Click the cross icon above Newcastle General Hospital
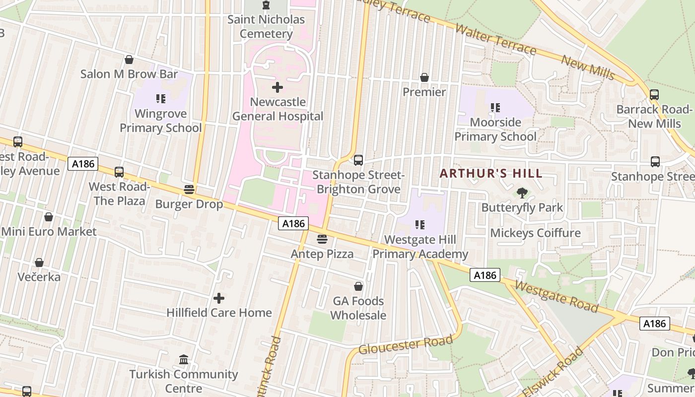(x=278, y=88)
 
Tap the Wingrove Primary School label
(x=160, y=121)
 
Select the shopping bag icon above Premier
(x=424, y=77)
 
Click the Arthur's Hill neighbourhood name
(x=491, y=174)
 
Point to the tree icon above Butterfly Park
(x=522, y=193)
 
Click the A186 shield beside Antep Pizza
(x=293, y=223)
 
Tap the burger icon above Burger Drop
(x=189, y=189)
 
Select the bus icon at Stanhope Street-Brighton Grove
(x=358, y=160)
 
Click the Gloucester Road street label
(x=406, y=344)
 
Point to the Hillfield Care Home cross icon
(x=218, y=298)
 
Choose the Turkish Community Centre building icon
(x=184, y=359)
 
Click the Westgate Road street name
(x=556, y=296)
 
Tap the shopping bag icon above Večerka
(x=39, y=262)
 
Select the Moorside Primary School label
(x=495, y=129)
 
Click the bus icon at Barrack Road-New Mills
(x=654, y=94)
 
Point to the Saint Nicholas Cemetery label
(x=266, y=27)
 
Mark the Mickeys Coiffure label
(x=535, y=233)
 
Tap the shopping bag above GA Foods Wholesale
(x=358, y=286)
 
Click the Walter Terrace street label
(x=495, y=40)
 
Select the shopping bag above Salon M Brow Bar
(x=129, y=60)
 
